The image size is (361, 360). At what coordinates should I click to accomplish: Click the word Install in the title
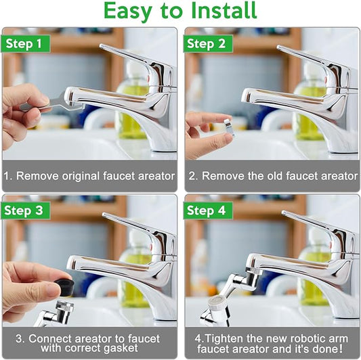pos(224,10)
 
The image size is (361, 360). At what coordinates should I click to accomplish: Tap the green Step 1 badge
pos(25,44)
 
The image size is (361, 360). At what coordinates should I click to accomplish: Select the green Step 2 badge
pos(208,44)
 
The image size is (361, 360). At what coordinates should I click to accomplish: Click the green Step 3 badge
pos(25,210)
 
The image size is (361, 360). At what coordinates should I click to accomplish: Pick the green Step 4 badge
pos(208,210)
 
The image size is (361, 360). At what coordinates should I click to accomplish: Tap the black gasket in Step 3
pos(64,286)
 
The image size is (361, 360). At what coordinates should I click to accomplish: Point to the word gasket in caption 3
pos(121,348)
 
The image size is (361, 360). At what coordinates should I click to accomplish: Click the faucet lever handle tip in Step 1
pos(102,46)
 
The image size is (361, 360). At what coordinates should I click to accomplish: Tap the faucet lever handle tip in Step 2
pos(278,47)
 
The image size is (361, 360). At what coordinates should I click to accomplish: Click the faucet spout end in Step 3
pos(71,263)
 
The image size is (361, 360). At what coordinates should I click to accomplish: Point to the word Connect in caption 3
pos(50,338)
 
